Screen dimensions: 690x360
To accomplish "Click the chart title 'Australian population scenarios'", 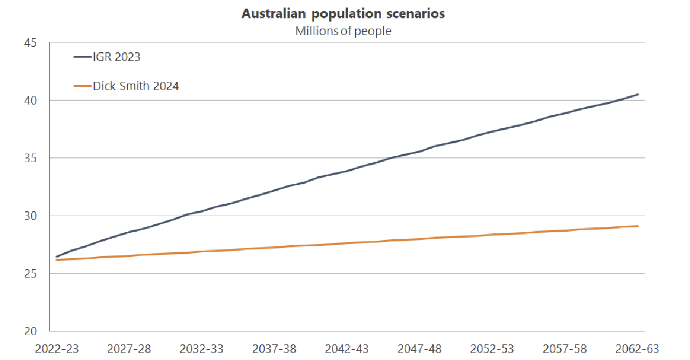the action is click(x=343, y=14).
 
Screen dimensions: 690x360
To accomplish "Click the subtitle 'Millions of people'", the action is click(x=343, y=31).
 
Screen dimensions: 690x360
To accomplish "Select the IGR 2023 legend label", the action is click(x=116, y=57).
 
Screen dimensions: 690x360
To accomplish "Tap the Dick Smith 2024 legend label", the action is click(x=135, y=86).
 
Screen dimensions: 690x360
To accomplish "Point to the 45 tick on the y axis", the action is click(x=30, y=43).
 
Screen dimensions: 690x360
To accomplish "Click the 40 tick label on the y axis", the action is click(x=30, y=100).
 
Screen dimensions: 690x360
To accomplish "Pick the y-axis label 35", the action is click(x=30, y=158).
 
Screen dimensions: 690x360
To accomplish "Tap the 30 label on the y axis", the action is click(x=30, y=216).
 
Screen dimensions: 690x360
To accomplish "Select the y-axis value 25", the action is click(x=30, y=273).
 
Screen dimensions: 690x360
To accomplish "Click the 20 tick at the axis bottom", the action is click(x=30, y=331).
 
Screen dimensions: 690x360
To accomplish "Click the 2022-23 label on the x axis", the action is click(x=57, y=349).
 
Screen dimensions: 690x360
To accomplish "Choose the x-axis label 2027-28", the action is click(x=129, y=349).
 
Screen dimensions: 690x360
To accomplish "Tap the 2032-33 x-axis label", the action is click(x=202, y=349).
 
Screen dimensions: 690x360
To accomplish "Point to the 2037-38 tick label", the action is click(x=274, y=349).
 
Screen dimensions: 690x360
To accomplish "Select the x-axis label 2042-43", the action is click(x=347, y=349).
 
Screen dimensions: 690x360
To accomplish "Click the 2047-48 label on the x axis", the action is click(x=419, y=349).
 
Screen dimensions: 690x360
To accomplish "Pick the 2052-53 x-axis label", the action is click(x=492, y=349).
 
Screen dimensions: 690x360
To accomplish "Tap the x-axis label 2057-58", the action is click(x=564, y=349).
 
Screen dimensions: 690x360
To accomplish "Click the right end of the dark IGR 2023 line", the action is click(x=638, y=94).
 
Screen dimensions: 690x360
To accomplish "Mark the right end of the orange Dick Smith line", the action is click(x=638, y=226).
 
